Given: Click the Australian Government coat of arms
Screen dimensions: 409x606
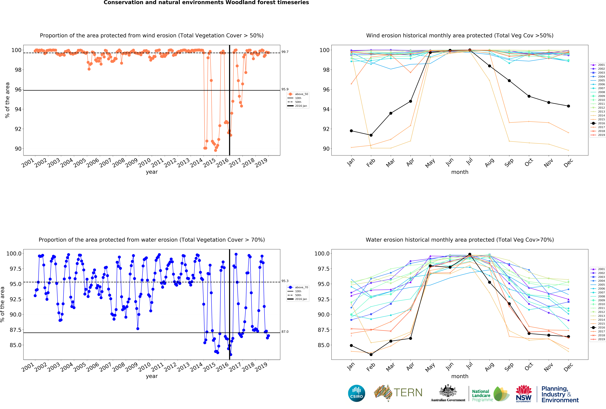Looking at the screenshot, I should (x=448, y=391).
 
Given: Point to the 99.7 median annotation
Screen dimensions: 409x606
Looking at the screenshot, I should (x=285, y=52).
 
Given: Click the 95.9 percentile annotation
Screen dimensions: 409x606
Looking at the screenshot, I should (x=285, y=89).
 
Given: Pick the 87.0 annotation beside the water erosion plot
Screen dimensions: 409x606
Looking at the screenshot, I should (x=285, y=332).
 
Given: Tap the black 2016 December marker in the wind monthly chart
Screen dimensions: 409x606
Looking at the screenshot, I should (x=568, y=106).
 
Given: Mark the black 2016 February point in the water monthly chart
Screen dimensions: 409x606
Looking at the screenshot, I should (x=371, y=355).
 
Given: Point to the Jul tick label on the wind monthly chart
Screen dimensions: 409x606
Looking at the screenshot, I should (x=469, y=162).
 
